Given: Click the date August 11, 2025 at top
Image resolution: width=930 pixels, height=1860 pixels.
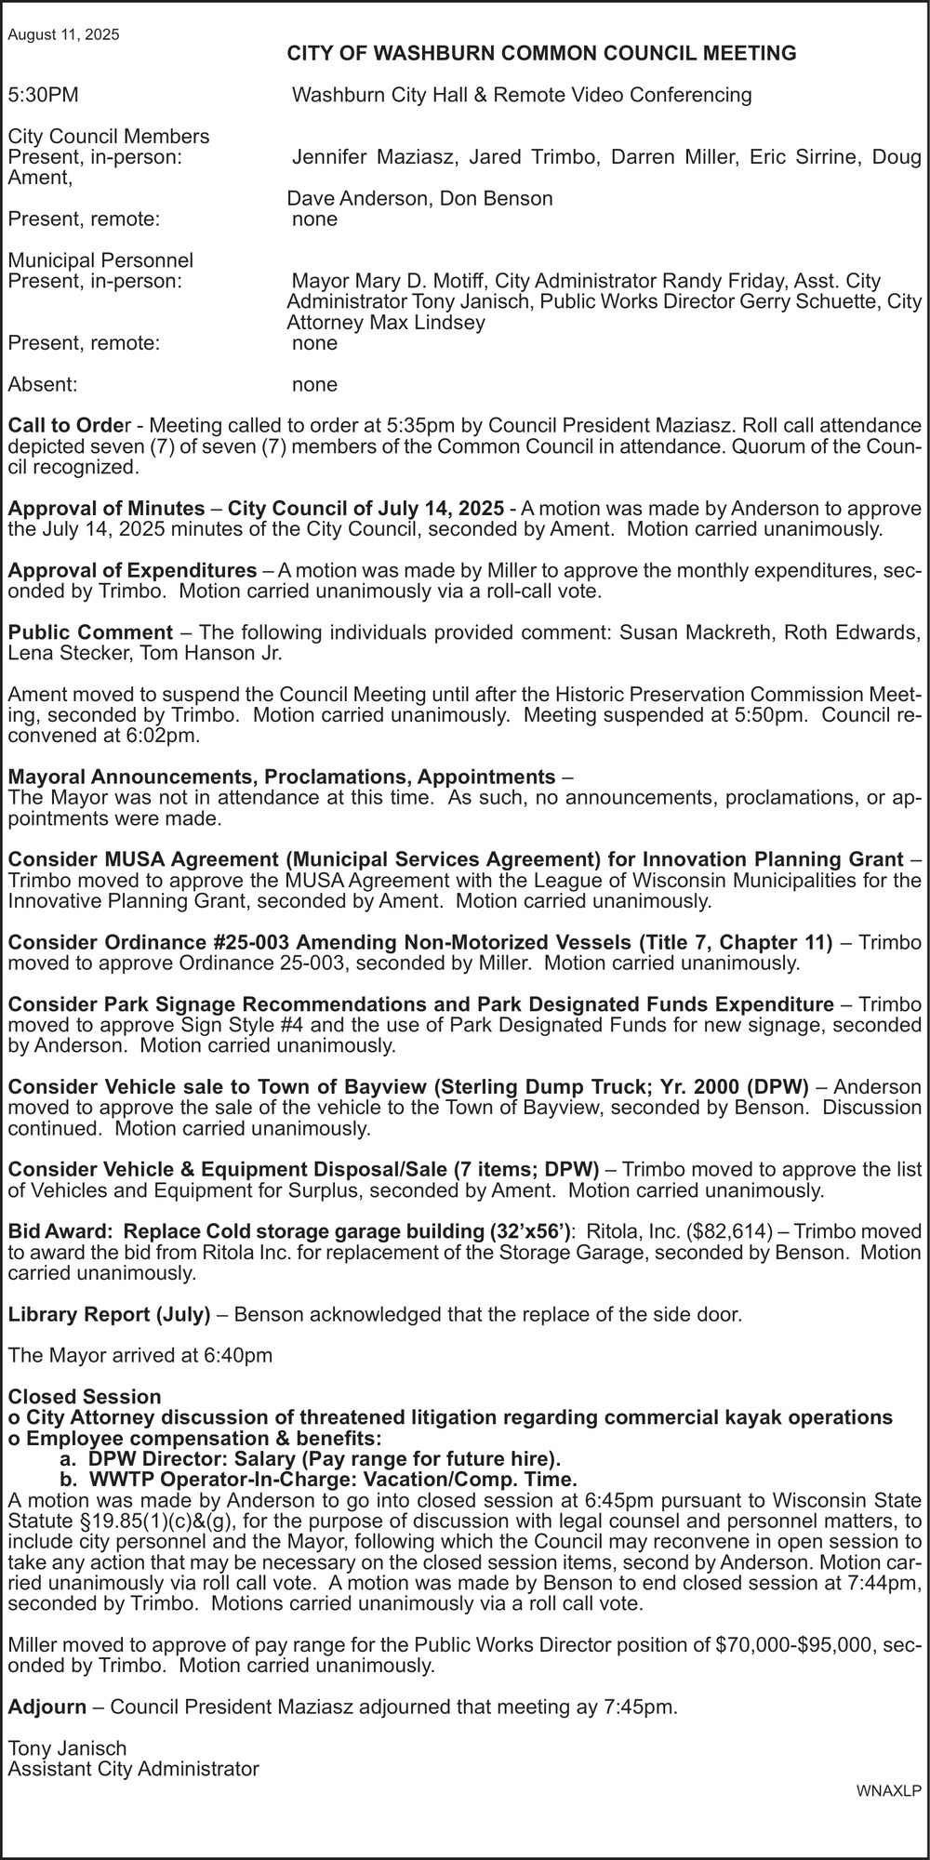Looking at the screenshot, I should tap(63, 35).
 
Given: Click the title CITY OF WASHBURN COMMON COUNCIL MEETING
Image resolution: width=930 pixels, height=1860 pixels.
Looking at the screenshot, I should tap(541, 54).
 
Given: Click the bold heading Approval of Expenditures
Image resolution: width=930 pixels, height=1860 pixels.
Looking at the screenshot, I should tap(132, 569).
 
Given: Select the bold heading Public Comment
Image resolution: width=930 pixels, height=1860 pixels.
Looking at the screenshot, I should tap(90, 632).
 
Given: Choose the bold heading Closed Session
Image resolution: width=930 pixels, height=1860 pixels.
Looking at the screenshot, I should tap(85, 1397).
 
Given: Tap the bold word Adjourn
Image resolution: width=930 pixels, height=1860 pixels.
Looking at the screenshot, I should tap(46, 1707).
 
